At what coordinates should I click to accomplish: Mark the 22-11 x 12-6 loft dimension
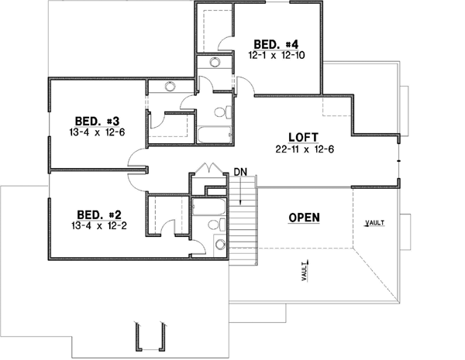[303, 148]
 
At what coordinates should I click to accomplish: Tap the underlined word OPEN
[305, 218]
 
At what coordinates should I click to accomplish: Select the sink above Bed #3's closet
[170, 86]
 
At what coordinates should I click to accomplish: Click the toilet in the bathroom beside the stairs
[220, 245]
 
